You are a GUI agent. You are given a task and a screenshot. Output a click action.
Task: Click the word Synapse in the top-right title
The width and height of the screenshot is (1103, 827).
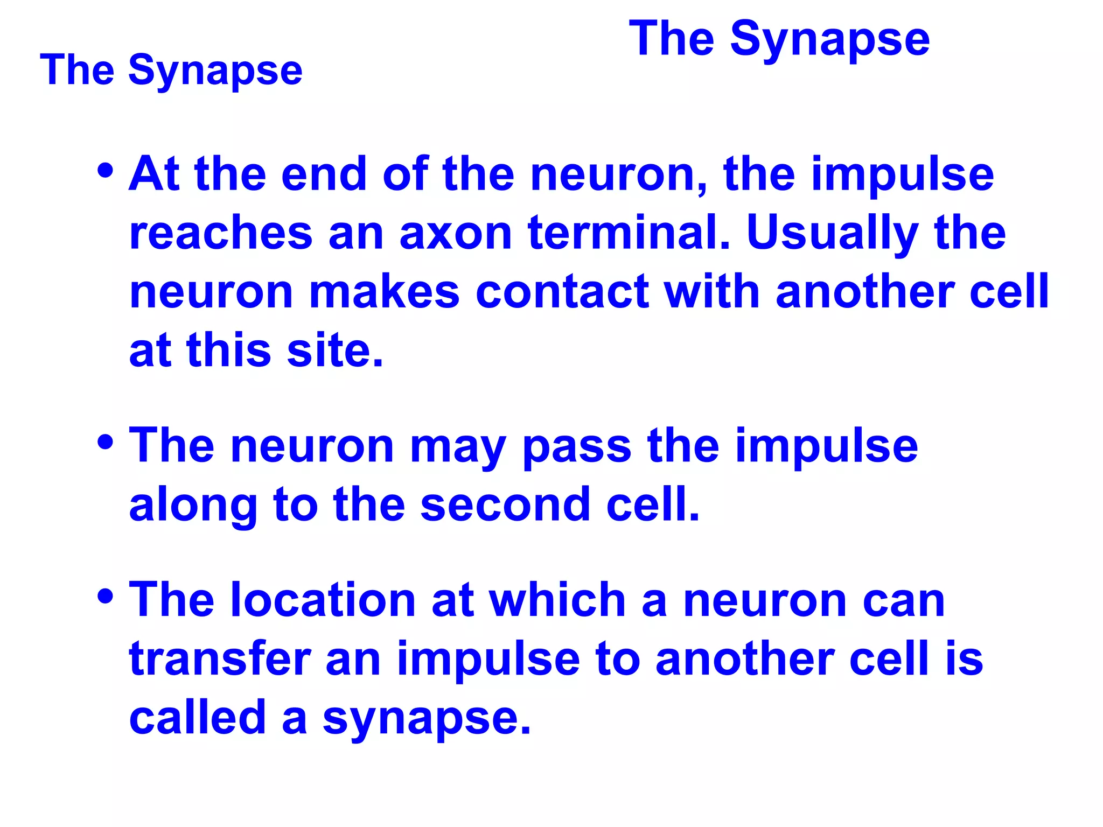click(x=829, y=40)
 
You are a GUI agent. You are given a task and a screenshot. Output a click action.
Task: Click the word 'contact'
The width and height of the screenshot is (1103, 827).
click(x=562, y=292)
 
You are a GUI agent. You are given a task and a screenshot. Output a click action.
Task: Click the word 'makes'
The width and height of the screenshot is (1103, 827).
click(x=385, y=292)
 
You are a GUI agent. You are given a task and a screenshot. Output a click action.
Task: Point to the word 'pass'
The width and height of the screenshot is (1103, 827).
click(x=577, y=446)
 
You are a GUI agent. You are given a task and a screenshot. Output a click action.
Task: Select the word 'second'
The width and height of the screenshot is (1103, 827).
click(x=505, y=504)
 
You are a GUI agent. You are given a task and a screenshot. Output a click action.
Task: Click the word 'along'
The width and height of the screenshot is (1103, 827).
click(x=193, y=504)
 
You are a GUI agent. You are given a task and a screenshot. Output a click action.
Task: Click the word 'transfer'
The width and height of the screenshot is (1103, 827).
click(x=220, y=659)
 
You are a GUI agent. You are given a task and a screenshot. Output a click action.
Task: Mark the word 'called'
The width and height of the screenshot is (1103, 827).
click(x=198, y=717)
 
